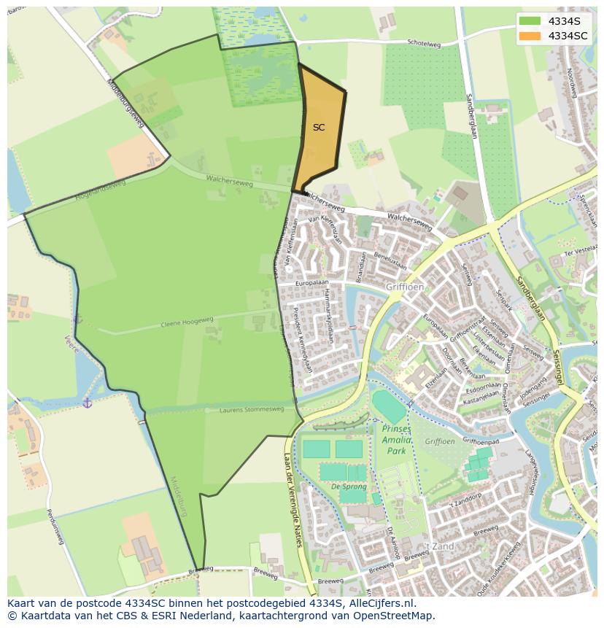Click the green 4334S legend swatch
[530, 21]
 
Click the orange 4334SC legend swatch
[530, 36]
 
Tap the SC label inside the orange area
[319, 128]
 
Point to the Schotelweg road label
[425, 44]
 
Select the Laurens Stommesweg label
[252, 410]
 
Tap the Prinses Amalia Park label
[397, 440]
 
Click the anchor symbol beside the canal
[87, 402]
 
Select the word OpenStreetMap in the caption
[397, 616]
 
